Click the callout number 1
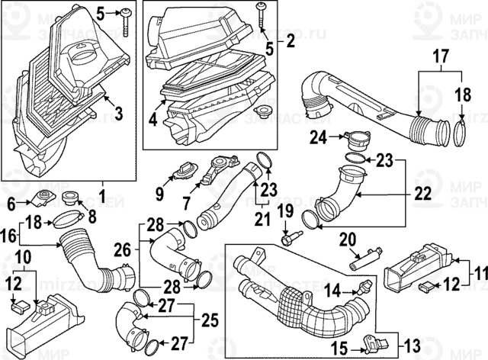[x=102, y=187]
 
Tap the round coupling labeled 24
[x=352, y=139]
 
